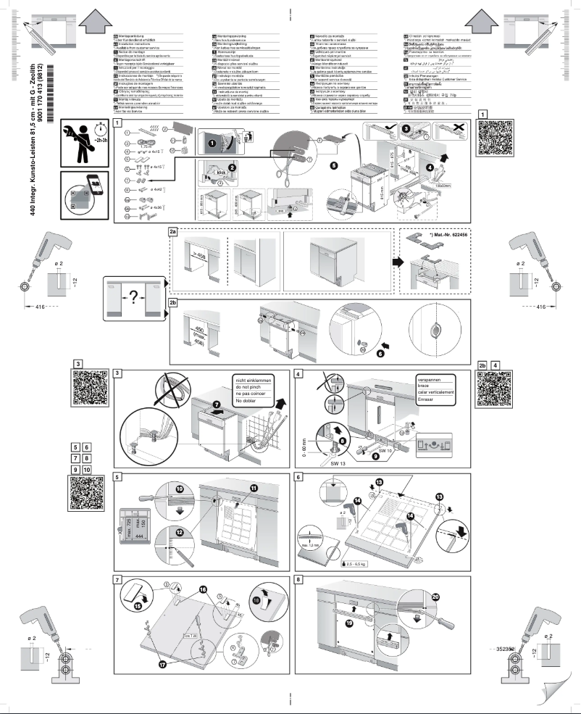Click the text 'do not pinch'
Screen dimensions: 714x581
(248, 389)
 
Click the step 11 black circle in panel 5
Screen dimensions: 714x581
(254, 488)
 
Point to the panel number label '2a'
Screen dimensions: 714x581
(173, 233)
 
